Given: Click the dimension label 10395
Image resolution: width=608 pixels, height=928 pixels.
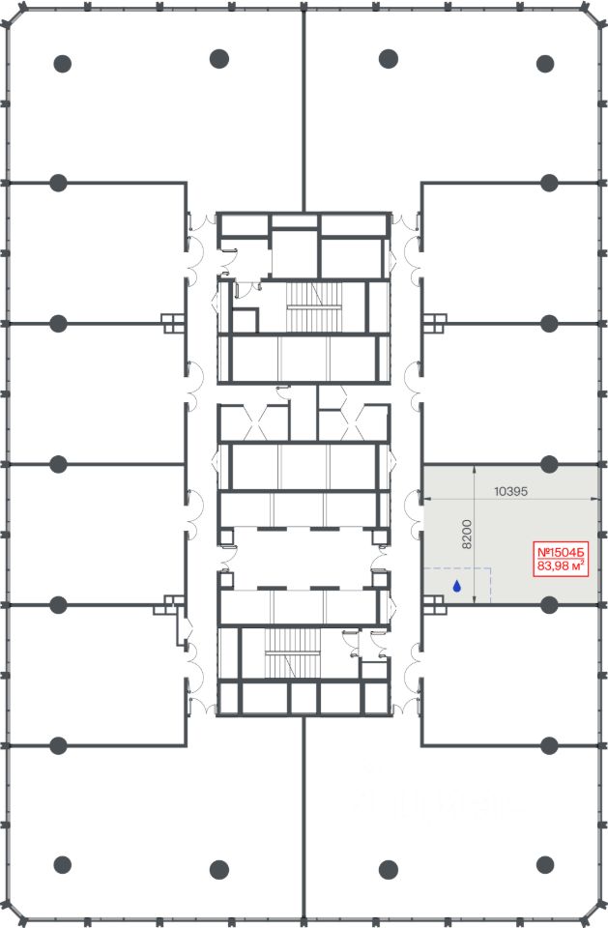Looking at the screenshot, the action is pyautogui.click(x=510, y=491).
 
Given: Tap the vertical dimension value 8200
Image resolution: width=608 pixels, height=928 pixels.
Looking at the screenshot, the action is pyautogui.click(x=467, y=534).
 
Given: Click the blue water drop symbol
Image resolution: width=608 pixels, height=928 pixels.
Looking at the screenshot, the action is pyautogui.click(x=457, y=587).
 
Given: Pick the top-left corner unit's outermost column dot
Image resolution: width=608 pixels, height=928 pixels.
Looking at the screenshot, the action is pyautogui.click(x=62, y=64).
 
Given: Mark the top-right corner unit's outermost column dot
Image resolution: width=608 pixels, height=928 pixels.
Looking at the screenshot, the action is pyautogui.click(x=544, y=64).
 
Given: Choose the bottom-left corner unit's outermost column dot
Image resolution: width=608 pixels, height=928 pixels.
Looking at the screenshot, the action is pyautogui.click(x=62, y=864).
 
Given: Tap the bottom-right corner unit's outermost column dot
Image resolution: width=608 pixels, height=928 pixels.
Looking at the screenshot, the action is pyautogui.click(x=544, y=864).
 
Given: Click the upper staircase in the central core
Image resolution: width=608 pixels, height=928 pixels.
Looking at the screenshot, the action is pyautogui.click(x=314, y=307).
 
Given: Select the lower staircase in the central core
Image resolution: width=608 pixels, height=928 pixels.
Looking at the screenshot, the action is pyautogui.click(x=293, y=652).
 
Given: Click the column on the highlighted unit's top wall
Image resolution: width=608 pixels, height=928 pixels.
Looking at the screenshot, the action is pyautogui.click(x=549, y=465).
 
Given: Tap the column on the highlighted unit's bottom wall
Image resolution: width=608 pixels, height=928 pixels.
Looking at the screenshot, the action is pyautogui.click(x=549, y=605).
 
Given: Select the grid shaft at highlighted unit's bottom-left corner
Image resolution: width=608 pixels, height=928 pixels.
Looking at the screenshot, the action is pyautogui.click(x=434, y=605).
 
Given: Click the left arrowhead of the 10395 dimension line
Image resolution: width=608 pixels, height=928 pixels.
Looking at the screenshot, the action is pyautogui.click(x=425, y=502).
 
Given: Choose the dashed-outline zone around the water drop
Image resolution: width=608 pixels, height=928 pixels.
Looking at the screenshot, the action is pyautogui.click(x=457, y=586).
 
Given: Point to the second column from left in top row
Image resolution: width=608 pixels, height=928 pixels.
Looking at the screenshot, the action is pyautogui.click(x=219, y=59).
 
